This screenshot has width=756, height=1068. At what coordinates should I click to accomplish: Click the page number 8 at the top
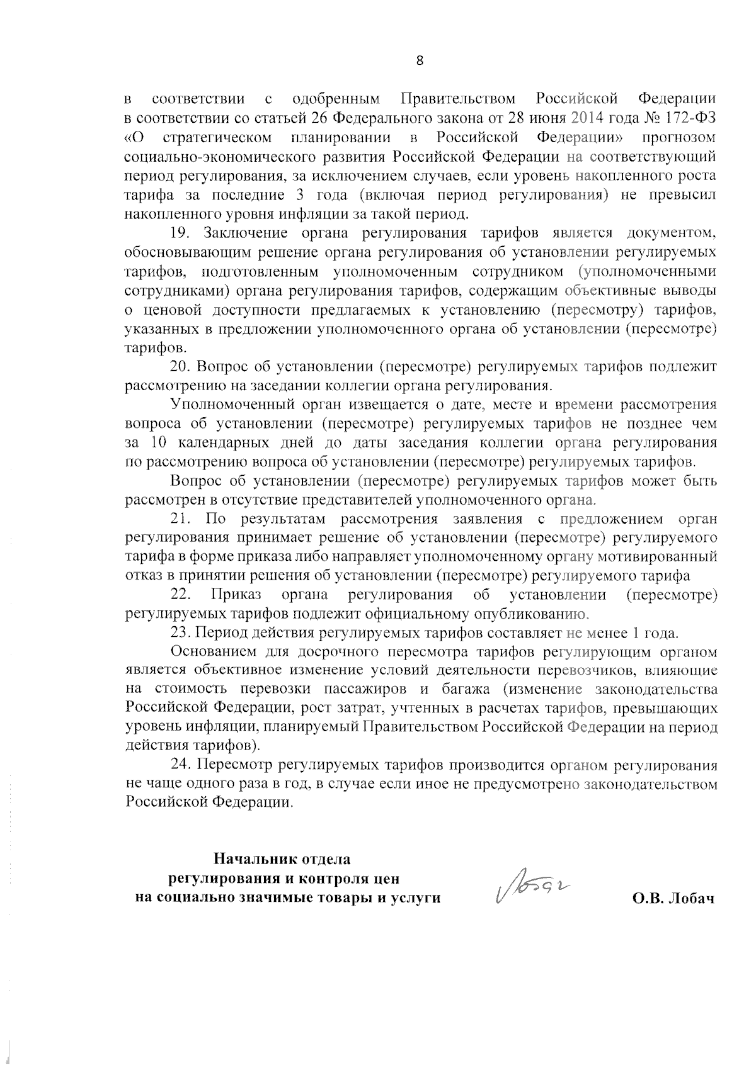tap(420, 61)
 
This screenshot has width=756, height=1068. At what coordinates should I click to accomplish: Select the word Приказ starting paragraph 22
tap(236, 595)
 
